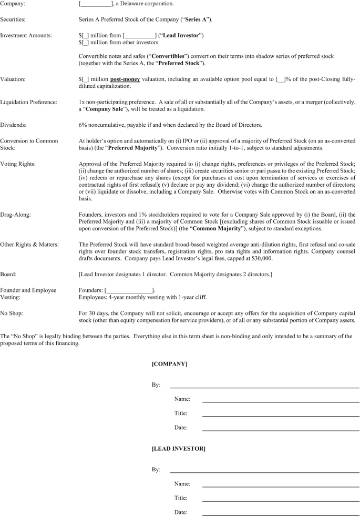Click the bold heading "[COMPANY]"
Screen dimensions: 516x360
coord(169,364)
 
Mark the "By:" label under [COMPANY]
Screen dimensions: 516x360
coord(156,385)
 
